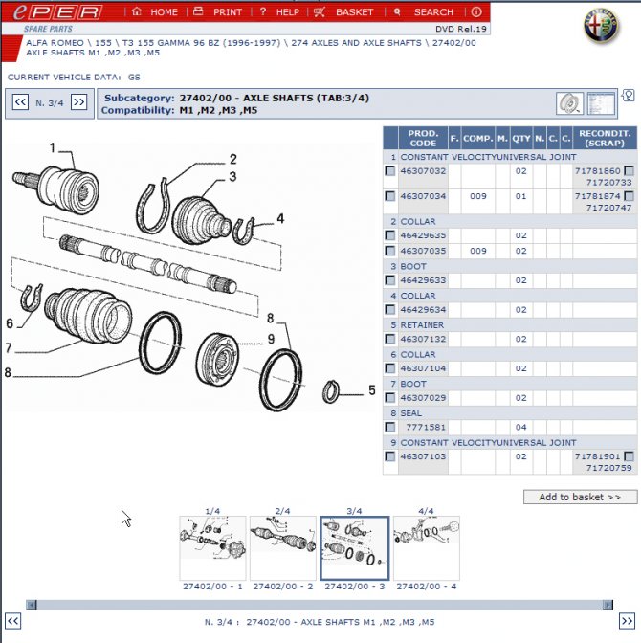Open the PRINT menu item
(217, 12)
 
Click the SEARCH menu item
(424, 12)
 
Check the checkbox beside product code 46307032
(389, 171)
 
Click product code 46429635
(423, 234)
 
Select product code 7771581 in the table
(426, 427)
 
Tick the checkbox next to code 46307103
(389, 456)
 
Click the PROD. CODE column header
(423, 138)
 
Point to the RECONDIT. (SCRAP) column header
(605, 138)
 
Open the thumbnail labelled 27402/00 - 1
(211, 548)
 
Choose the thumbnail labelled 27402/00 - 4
(426, 548)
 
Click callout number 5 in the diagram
(371, 389)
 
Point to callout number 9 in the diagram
(271, 339)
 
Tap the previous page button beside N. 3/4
(19, 102)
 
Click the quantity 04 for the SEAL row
(519, 427)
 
